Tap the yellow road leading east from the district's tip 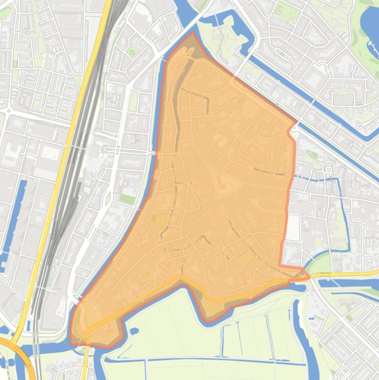(345, 273)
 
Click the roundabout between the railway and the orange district (105, 149)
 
